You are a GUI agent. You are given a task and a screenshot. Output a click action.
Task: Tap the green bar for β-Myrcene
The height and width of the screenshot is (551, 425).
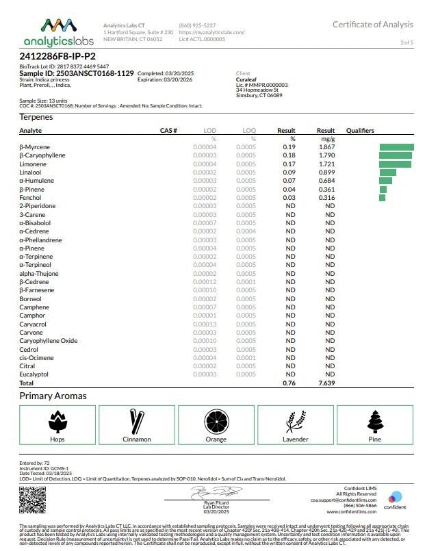point(396,147)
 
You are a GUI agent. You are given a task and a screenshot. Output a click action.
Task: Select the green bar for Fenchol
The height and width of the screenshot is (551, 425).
point(382,198)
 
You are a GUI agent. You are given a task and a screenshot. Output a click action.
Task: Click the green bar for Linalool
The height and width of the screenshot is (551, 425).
point(387,172)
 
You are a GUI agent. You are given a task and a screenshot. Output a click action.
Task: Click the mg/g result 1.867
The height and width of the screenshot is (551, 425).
point(326,147)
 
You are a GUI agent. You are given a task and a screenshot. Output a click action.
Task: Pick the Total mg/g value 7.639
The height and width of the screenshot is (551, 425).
point(326,383)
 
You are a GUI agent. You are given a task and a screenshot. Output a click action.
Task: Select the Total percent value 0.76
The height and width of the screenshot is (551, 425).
point(289,383)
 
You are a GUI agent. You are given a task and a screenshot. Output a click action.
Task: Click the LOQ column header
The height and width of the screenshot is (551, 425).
point(249,130)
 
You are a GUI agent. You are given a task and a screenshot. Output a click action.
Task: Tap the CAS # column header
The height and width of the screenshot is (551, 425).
point(168,130)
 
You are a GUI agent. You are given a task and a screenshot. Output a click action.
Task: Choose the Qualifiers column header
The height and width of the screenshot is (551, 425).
point(360,130)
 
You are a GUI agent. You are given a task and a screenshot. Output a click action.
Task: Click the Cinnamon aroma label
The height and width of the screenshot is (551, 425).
point(137,439)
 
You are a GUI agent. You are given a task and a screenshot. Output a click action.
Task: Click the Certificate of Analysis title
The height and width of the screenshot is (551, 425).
point(372,25)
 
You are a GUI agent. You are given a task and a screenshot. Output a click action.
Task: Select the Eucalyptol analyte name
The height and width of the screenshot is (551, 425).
point(34,374)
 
